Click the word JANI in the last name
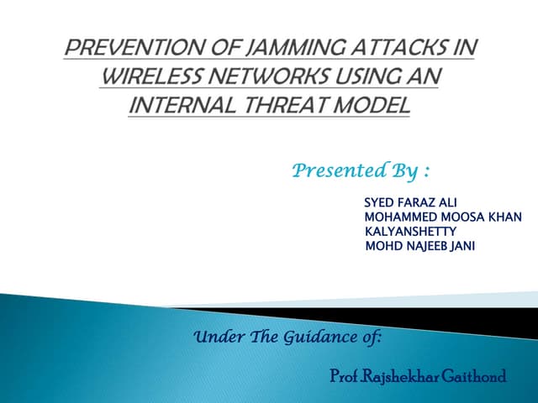click(x=462, y=245)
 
